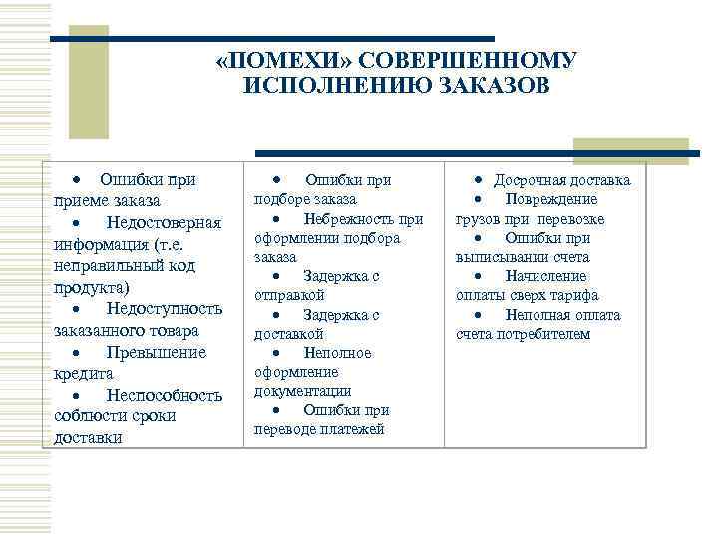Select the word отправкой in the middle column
click(x=289, y=296)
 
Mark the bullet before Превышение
click(x=76, y=353)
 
